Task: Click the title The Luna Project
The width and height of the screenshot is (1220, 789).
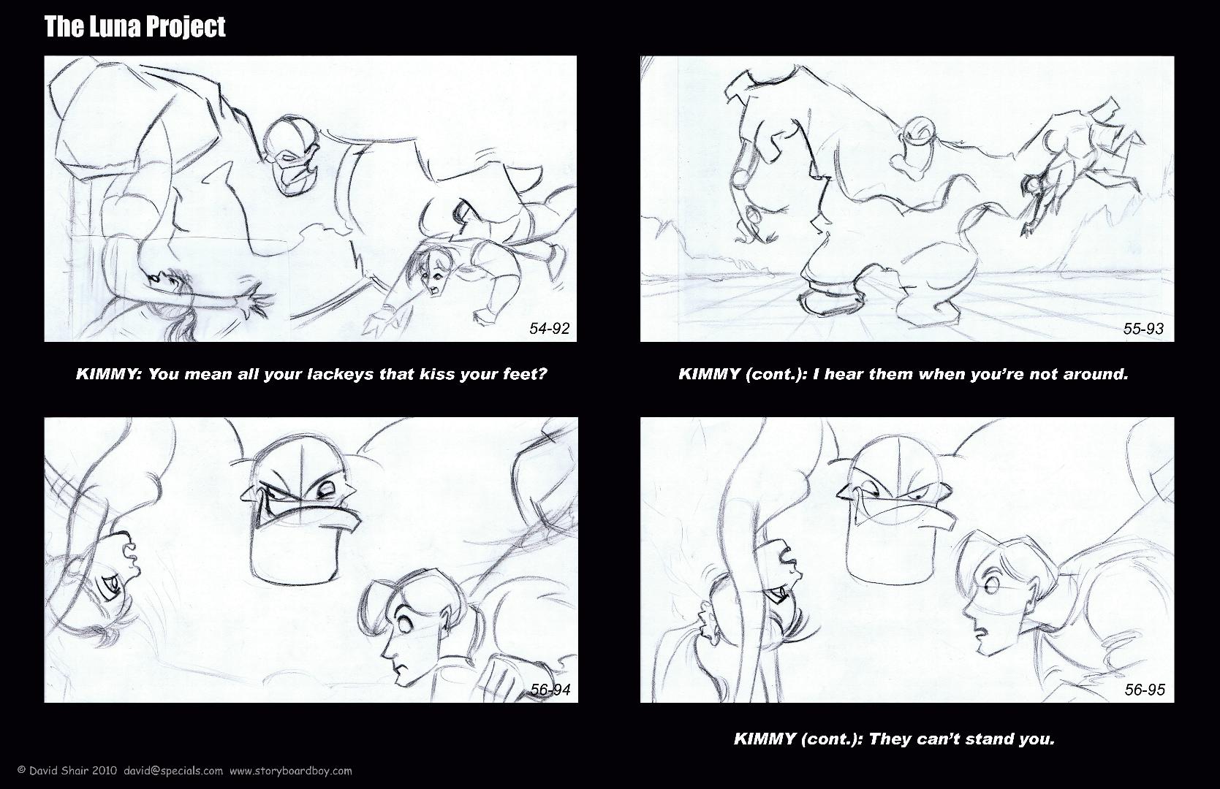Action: [134, 27]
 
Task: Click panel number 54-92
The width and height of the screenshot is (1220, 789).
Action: [550, 328]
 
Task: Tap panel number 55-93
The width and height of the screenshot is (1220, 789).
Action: [1144, 328]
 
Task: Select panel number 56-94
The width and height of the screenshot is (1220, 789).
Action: [550, 690]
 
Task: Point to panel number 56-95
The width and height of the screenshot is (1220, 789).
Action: [1145, 690]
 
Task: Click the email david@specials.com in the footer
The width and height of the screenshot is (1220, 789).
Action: [173, 771]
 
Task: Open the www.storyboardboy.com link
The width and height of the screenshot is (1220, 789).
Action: [291, 771]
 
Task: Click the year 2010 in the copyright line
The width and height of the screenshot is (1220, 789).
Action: [105, 771]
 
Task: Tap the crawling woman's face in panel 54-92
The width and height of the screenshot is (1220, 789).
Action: [432, 275]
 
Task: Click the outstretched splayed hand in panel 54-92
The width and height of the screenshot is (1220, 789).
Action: [255, 302]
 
